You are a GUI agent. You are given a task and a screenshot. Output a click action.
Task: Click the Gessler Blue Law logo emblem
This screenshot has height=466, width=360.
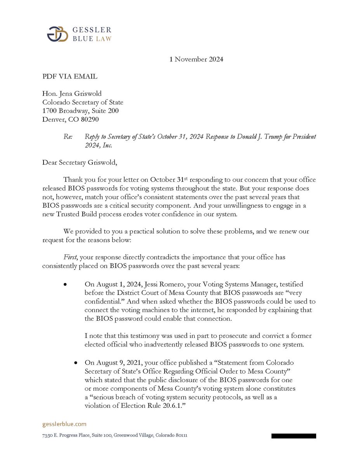(57, 34)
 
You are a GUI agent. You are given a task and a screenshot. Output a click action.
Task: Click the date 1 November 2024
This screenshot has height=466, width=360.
(196, 59)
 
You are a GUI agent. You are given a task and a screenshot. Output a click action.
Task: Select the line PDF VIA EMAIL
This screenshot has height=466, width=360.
(70, 77)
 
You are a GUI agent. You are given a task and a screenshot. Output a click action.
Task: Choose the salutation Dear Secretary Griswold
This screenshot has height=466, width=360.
(79, 162)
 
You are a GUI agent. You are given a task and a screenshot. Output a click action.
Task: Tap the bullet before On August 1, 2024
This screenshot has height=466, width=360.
(66, 285)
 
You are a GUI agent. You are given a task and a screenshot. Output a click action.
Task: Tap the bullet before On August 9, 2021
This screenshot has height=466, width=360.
(76, 363)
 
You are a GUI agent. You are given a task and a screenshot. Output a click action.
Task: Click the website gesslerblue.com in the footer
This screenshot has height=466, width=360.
(64, 424)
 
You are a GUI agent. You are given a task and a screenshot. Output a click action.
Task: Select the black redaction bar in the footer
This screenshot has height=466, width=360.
(294, 436)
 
